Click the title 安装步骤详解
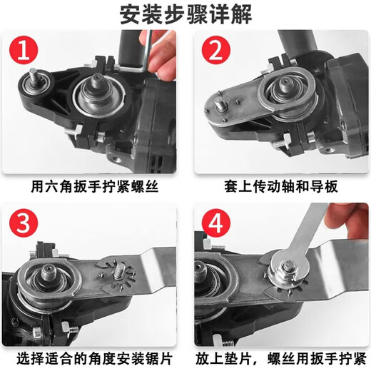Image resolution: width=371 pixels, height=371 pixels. pos(185,14)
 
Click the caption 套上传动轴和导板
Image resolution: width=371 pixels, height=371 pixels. pos(278,188)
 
